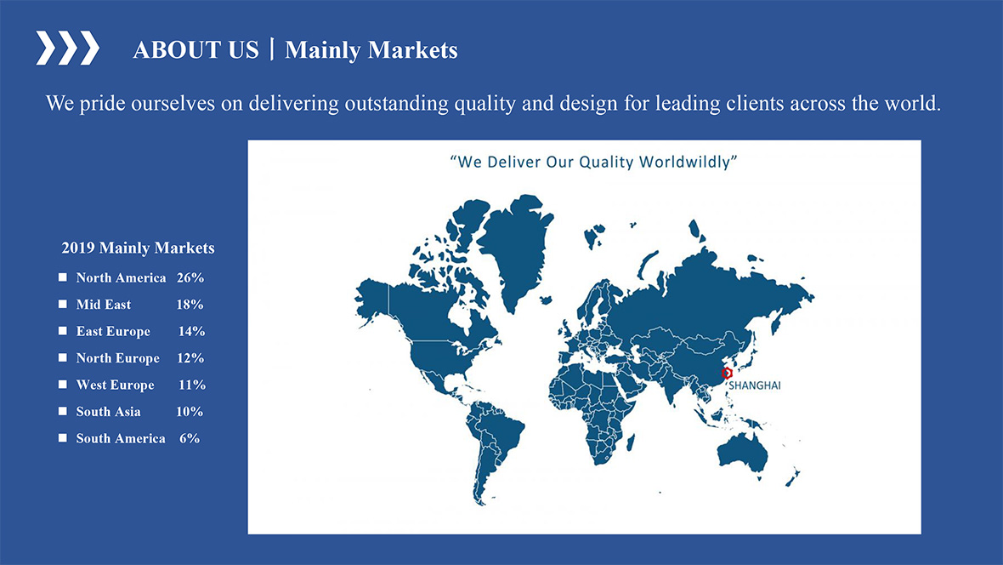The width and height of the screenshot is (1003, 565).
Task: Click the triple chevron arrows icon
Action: pos(67,48)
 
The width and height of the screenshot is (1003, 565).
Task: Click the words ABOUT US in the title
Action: pos(195,50)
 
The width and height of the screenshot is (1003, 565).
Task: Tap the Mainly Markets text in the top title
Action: pos(371,50)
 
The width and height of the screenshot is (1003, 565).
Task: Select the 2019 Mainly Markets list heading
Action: pos(139,248)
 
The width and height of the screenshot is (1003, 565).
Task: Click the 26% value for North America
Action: pos(190,277)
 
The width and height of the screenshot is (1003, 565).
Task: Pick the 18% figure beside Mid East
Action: pos(190,305)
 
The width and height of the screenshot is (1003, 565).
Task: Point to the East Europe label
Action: pos(113,331)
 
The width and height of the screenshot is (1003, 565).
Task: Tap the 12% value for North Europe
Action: pos(190,358)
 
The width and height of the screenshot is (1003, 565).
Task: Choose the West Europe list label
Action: pos(115,385)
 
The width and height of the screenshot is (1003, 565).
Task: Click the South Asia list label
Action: pos(108,411)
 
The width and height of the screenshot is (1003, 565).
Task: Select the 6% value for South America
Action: pos(190,438)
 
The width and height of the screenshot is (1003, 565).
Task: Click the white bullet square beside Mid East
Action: pos(63,305)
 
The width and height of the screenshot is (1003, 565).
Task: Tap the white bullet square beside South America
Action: pos(63,438)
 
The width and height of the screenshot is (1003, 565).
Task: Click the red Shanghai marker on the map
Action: pos(727,373)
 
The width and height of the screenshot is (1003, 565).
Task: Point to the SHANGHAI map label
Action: pos(755,385)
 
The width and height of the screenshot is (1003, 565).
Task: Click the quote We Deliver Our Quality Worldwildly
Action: pos(593,162)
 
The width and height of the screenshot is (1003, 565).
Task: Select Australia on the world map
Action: pos(743,453)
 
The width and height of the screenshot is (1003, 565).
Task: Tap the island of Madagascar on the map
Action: pos(630,442)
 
